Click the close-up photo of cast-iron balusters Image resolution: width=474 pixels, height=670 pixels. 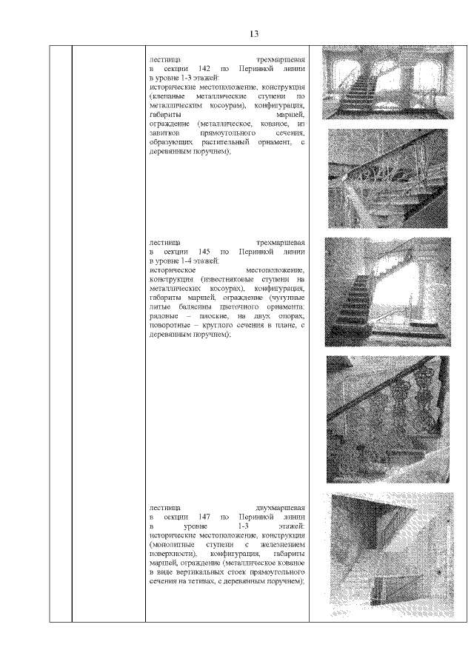(387, 418)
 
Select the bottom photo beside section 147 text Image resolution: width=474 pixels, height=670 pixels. (391, 555)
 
